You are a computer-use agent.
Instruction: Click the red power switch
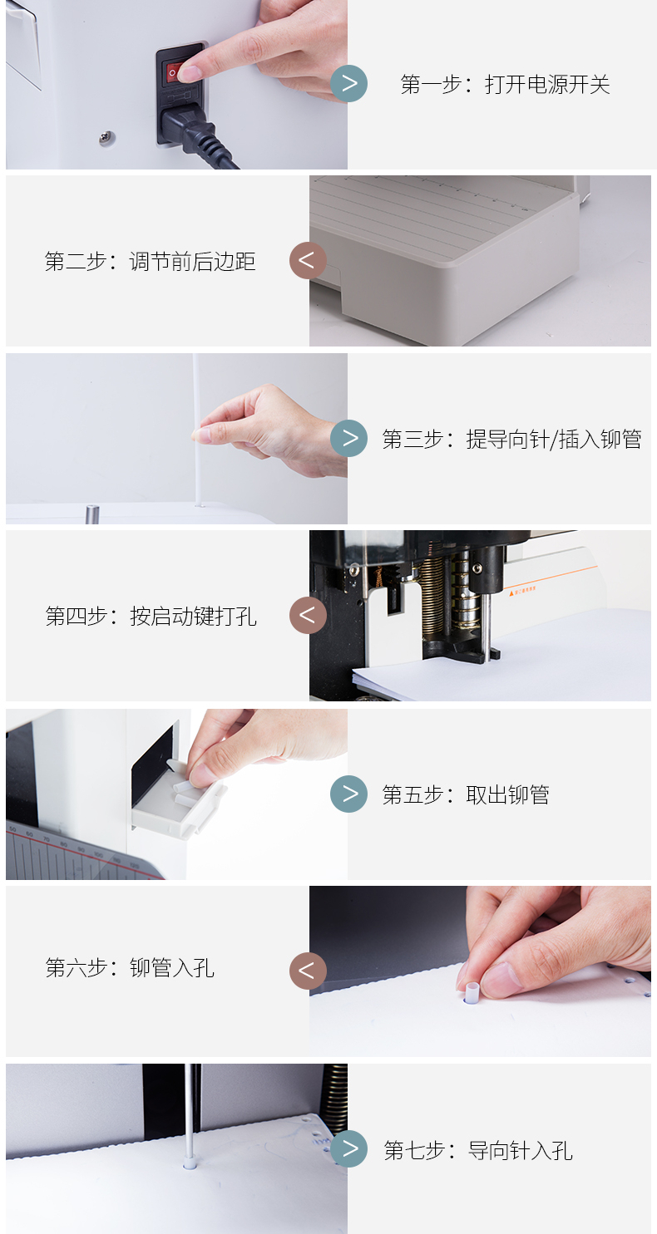[x=174, y=72]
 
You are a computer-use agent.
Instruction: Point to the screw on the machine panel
[x=107, y=136]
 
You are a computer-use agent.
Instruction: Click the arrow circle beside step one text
[x=349, y=83]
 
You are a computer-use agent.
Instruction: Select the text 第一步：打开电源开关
[x=505, y=85]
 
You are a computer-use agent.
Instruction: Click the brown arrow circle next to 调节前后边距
[x=308, y=260]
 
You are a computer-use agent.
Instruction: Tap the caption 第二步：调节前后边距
[x=150, y=262]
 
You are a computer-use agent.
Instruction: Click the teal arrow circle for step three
[x=349, y=438]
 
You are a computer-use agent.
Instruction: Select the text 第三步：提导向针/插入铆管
[x=511, y=440]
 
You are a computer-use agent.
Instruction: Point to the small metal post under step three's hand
[x=91, y=513]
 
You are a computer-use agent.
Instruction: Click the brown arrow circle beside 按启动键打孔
[x=308, y=615]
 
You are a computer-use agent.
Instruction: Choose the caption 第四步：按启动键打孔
[x=151, y=617]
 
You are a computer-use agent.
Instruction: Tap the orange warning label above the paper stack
[x=521, y=592]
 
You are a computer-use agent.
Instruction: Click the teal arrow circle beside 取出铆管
[x=349, y=794]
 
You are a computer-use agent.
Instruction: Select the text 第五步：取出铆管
[x=466, y=795]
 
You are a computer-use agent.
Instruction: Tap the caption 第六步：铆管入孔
[x=130, y=968]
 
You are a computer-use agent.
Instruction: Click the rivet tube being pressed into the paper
[x=472, y=991]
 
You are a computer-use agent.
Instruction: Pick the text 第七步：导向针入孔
[x=478, y=1151]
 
